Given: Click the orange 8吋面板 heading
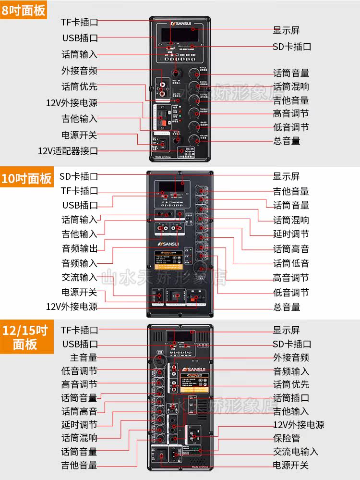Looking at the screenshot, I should coord(24,10).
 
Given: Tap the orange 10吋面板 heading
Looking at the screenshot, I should coord(26,178).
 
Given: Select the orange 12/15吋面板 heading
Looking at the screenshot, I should coord(25,337).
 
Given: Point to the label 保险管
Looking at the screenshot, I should coord(287,439).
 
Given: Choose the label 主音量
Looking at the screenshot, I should coord(84,357).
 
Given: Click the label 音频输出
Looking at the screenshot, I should coord(79,248).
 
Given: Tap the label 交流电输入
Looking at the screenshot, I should coord(295,452).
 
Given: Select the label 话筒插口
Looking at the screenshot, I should coord(291,398).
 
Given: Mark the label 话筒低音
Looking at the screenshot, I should coord(291,263).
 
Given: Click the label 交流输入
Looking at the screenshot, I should coord(79,277).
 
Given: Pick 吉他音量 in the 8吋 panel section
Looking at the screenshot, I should coord(291,100).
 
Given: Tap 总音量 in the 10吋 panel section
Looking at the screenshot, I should coord(287,307).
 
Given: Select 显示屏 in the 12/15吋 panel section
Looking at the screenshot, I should coord(287,331).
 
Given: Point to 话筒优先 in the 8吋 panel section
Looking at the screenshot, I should coord(79,87).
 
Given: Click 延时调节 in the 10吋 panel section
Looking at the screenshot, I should coord(291,234).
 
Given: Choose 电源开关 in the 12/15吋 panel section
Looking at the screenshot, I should coord(291,465).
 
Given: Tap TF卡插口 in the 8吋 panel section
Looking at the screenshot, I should coord(79,22).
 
